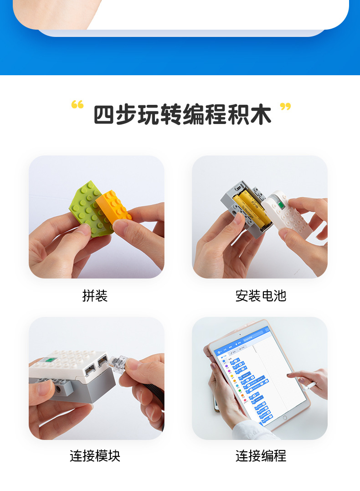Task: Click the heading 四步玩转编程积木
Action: [x=182, y=115]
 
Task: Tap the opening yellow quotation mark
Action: [x=77, y=105]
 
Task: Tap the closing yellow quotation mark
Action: [x=285, y=107]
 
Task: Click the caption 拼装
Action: [x=95, y=296]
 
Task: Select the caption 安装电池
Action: [x=261, y=296]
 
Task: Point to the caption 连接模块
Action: [x=95, y=456]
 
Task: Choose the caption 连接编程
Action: [x=261, y=456]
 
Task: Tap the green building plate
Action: [x=89, y=207]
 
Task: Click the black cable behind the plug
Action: [x=155, y=392]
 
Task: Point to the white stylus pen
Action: [x=310, y=385]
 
